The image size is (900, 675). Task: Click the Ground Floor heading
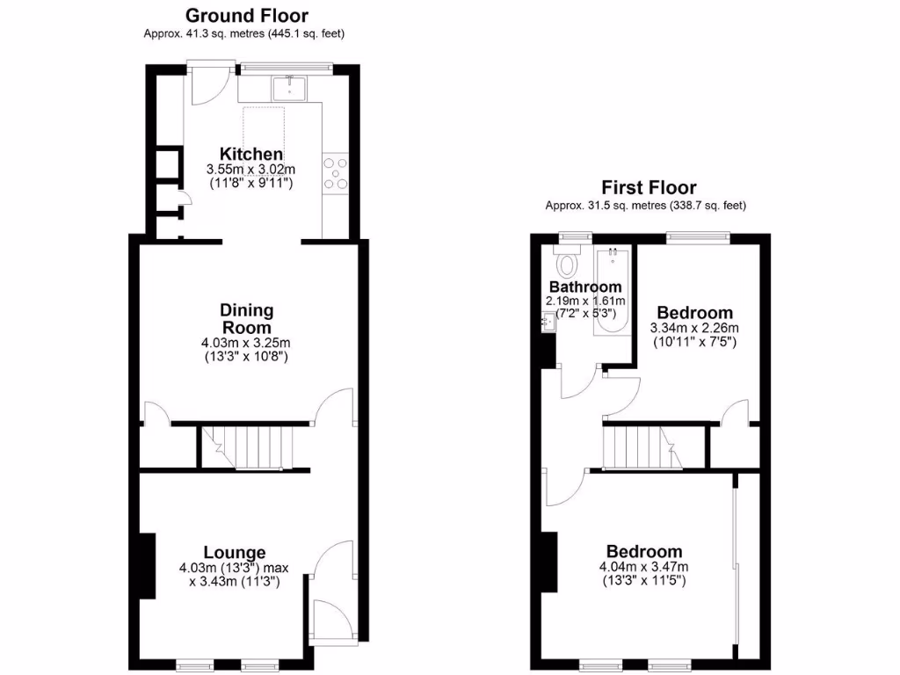pyautogui.click(x=246, y=15)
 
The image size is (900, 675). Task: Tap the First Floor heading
pyautogui.click(x=649, y=187)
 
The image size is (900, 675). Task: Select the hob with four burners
pyautogui.click(x=335, y=173)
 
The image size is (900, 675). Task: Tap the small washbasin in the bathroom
pyautogui.click(x=548, y=323)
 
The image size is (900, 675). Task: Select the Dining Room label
pyautogui.click(x=247, y=318)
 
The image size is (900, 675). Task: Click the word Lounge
pyautogui.click(x=235, y=552)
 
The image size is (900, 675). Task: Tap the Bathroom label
pyautogui.click(x=585, y=287)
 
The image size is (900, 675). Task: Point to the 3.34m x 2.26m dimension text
pyautogui.click(x=694, y=328)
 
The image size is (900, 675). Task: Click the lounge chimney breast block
pyautogui.click(x=147, y=567)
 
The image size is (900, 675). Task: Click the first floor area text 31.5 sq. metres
pyautogui.click(x=646, y=207)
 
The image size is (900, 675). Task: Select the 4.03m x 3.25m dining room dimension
pyautogui.click(x=247, y=343)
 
